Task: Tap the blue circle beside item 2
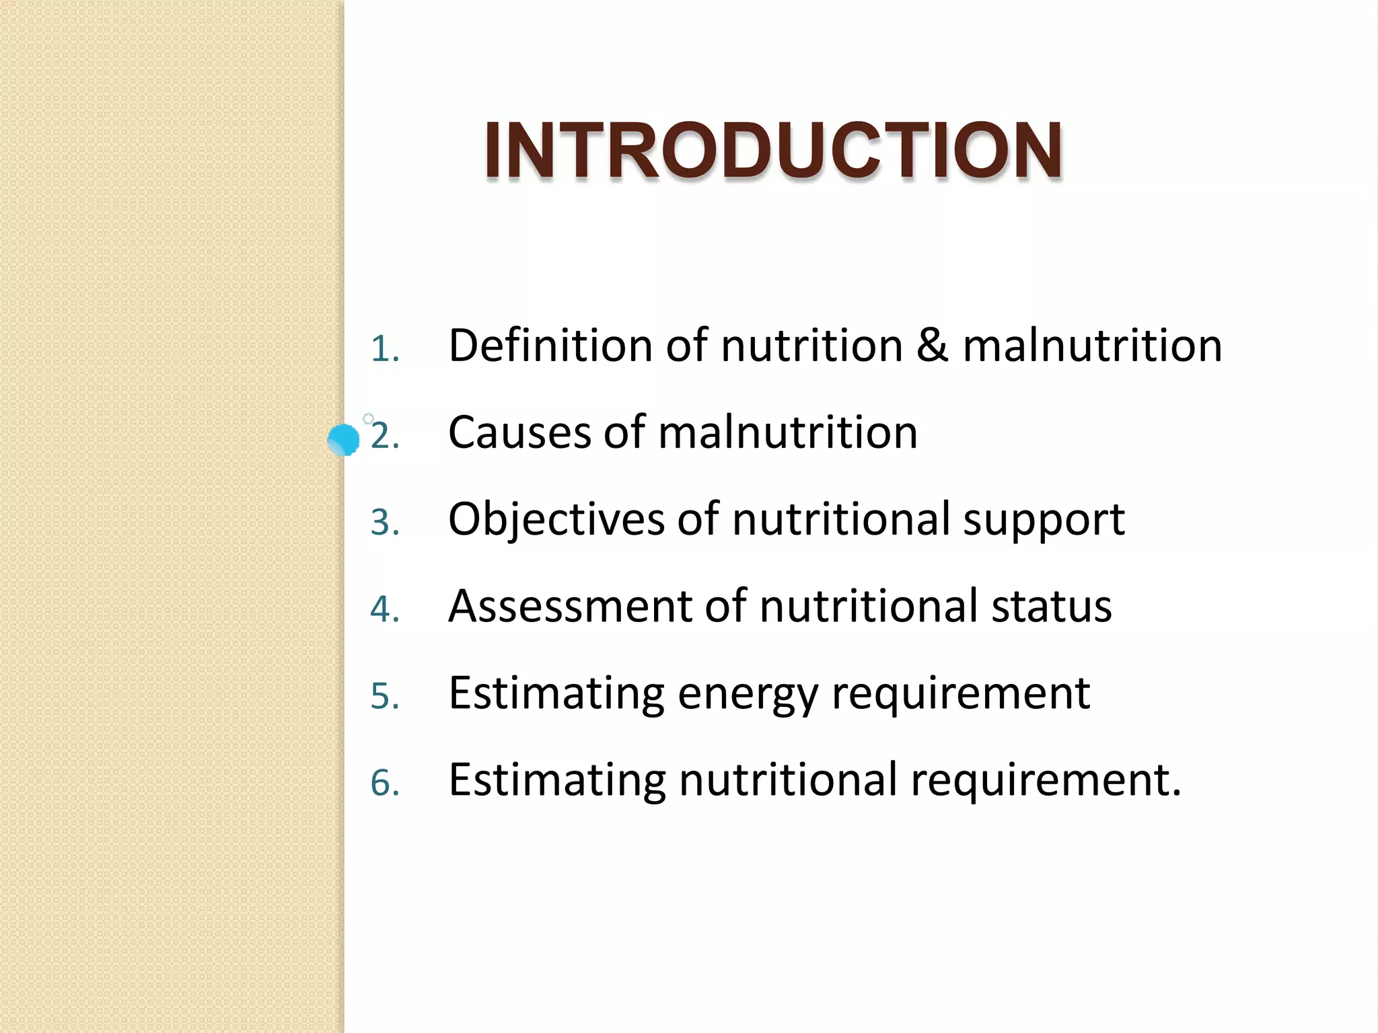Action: click(x=344, y=440)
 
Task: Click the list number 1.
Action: click(x=384, y=350)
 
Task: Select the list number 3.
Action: click(x=384, y=523)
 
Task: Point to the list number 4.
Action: click(x=384, y=610)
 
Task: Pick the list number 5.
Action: click(x=384, y=697)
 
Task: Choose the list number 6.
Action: click(x=384, y=783)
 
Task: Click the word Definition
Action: click(x=550, y=346)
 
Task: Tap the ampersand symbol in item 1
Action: click(x=932, y=346)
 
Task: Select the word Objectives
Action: click(x=556, y=520)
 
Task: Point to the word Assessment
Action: click(x=569, y=606)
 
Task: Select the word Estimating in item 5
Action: click(x=556, y=693)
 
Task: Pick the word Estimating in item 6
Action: click(x=556, y=780)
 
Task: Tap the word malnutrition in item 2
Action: click(x=788, y=432)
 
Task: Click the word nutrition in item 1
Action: click(x=811, y=346)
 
